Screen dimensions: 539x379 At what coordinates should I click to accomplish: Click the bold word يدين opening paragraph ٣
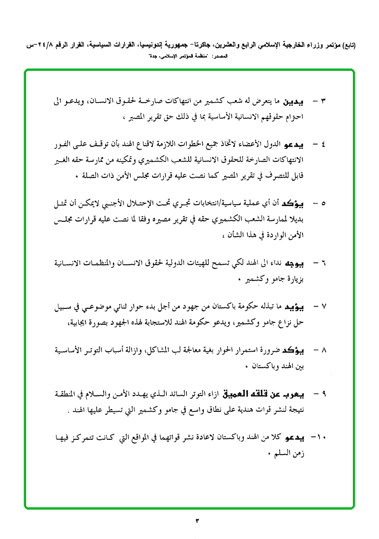pyautogui.click(x=295, y=101)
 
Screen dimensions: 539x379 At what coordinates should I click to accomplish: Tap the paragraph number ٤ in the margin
pyautogui.click(x=323, y=145)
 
